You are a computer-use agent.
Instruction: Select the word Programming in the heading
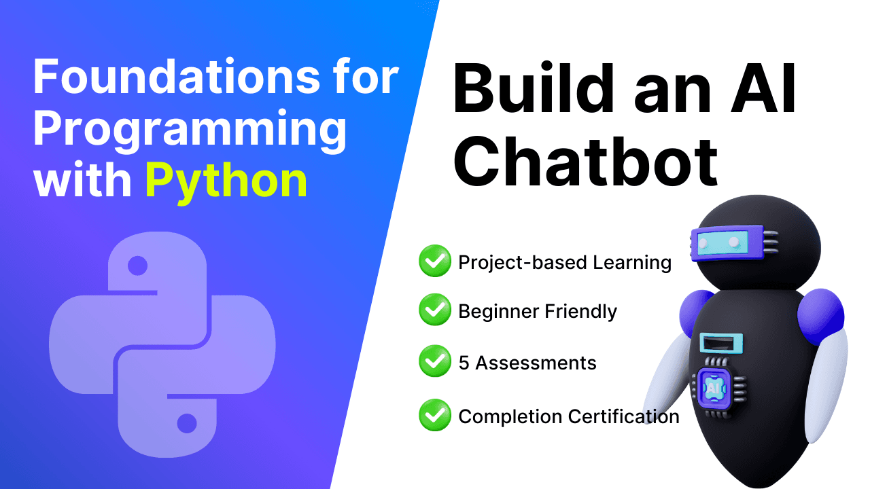click(x=190, y=129)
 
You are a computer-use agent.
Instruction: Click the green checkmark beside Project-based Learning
click(x=435, y=261)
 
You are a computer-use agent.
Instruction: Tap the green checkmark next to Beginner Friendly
click(x=435, y=310)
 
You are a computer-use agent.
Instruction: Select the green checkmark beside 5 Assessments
click(x=435, y=361)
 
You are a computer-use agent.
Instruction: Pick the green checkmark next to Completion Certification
click(x=435, y=415)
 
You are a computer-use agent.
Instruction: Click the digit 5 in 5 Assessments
click(x=464, y=363)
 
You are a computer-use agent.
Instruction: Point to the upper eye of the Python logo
click(x=137, y=266)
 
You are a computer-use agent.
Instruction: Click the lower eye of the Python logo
click(x=187, y=423)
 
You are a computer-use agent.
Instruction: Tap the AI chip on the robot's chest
click(x=714, y=388)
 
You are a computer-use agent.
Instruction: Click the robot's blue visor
click(x=727, y=243)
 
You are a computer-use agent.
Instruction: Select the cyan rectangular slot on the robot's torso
click(x=721, y=344)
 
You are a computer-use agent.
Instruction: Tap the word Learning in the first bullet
click(x=632, y=263)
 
